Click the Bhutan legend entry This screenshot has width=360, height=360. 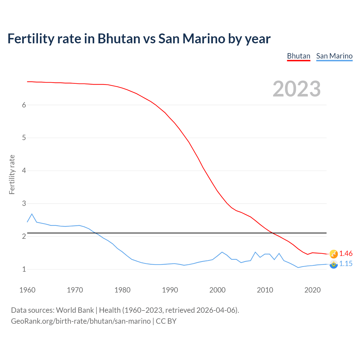click(x=298, y=56)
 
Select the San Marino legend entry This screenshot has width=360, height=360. click(x=334, y=56)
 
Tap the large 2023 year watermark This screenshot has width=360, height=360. click(x=297, y=89)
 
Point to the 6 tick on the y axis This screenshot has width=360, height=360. click(x=24, y=105)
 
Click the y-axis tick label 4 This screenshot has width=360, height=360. click(x=24, y=170)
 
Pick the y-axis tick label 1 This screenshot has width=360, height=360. click(x=24, y=269)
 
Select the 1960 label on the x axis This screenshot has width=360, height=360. click(x=27, y=290)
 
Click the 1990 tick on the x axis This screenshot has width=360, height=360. click(x=170, y=290)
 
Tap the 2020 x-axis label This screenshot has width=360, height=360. click(x=312, y=290)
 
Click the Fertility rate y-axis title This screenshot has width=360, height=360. click(x=12, y=174)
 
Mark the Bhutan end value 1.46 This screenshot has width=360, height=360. click(x=346, y=253)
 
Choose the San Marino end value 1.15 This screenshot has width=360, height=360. click(x=346, y=264)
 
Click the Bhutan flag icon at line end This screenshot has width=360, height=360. click(x=334, y=254)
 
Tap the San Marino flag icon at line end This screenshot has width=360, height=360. click(x=334, y=264)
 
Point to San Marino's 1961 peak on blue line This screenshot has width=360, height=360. click(x=32, y=214)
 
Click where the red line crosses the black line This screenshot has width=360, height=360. click(x=272, y=233)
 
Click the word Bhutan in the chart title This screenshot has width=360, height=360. click(x=119, y=39)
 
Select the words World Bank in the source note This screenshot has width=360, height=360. click(x=75, y=310)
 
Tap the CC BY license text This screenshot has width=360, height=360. click(x=166, y=321)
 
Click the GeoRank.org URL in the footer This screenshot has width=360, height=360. click(x=81, y=321)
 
